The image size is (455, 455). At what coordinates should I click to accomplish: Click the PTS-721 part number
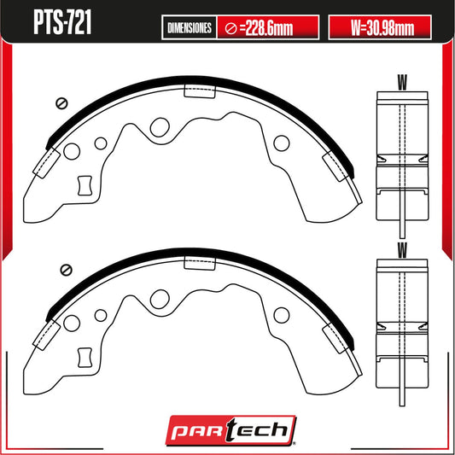click(62, 23)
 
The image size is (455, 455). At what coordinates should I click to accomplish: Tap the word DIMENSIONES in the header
click(190, 28)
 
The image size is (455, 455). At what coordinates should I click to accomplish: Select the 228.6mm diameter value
click(269, 28)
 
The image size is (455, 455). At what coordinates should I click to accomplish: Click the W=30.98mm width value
click(382, 28)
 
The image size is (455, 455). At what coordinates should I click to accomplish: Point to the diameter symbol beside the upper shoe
click(61, 103)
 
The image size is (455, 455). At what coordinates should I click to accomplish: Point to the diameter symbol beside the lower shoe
click(67, 270)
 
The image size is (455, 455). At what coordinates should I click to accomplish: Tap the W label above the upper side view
click(402, 82)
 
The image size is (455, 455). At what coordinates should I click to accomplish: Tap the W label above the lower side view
click(402, 250)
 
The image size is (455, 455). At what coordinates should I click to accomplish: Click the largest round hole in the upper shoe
click(160, 127)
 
